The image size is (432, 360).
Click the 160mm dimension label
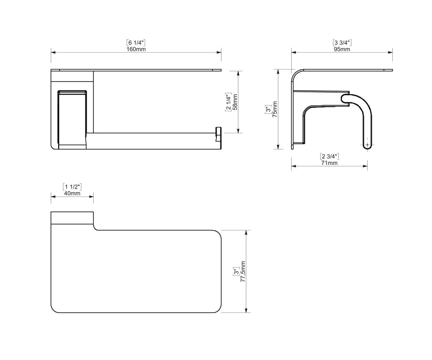(136, 49)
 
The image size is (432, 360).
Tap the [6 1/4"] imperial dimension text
(136, 42)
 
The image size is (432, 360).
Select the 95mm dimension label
(342, 49)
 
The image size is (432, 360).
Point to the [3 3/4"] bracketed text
(342, 42)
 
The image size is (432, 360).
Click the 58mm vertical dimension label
(235, 102)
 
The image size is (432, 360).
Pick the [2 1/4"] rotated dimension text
(228, 102)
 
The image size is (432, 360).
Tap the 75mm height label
(275, 109)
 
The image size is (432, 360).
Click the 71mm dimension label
(329, 163)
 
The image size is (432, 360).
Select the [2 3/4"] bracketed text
(329, 156)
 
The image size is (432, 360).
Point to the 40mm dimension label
(72, 193)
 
